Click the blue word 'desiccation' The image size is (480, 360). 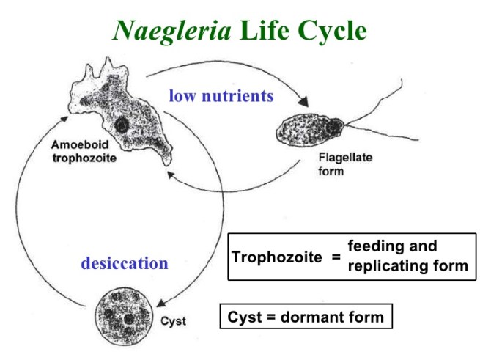click(x=124, y=262)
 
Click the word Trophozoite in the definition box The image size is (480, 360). click(x=276, y=257)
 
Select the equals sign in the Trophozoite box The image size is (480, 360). click(x=335, y=257)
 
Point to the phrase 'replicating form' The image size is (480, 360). click(x=407, y=265)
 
